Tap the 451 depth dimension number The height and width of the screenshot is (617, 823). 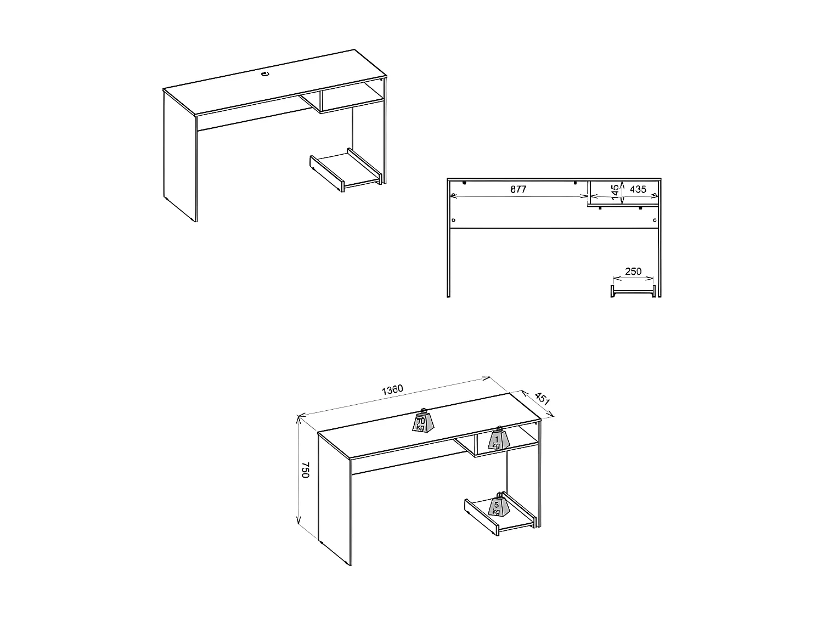coord(542,399)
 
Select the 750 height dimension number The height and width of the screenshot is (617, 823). coord(306,470)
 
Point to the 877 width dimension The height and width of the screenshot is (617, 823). coord(518,189)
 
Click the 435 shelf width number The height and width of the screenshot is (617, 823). coord(638,189)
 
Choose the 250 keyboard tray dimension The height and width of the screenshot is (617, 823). coord(633,271)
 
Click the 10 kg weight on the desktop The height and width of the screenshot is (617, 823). coord(424,421)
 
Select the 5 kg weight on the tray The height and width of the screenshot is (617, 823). coord(498,505)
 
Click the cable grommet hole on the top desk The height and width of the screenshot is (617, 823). coord(266,73)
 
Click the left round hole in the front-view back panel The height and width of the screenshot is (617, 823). coord(453,220)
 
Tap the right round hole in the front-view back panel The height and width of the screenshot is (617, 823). coord(655,220)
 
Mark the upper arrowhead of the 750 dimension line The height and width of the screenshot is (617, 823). coord(300,418)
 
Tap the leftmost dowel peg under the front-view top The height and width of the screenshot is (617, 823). coord(464,183)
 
